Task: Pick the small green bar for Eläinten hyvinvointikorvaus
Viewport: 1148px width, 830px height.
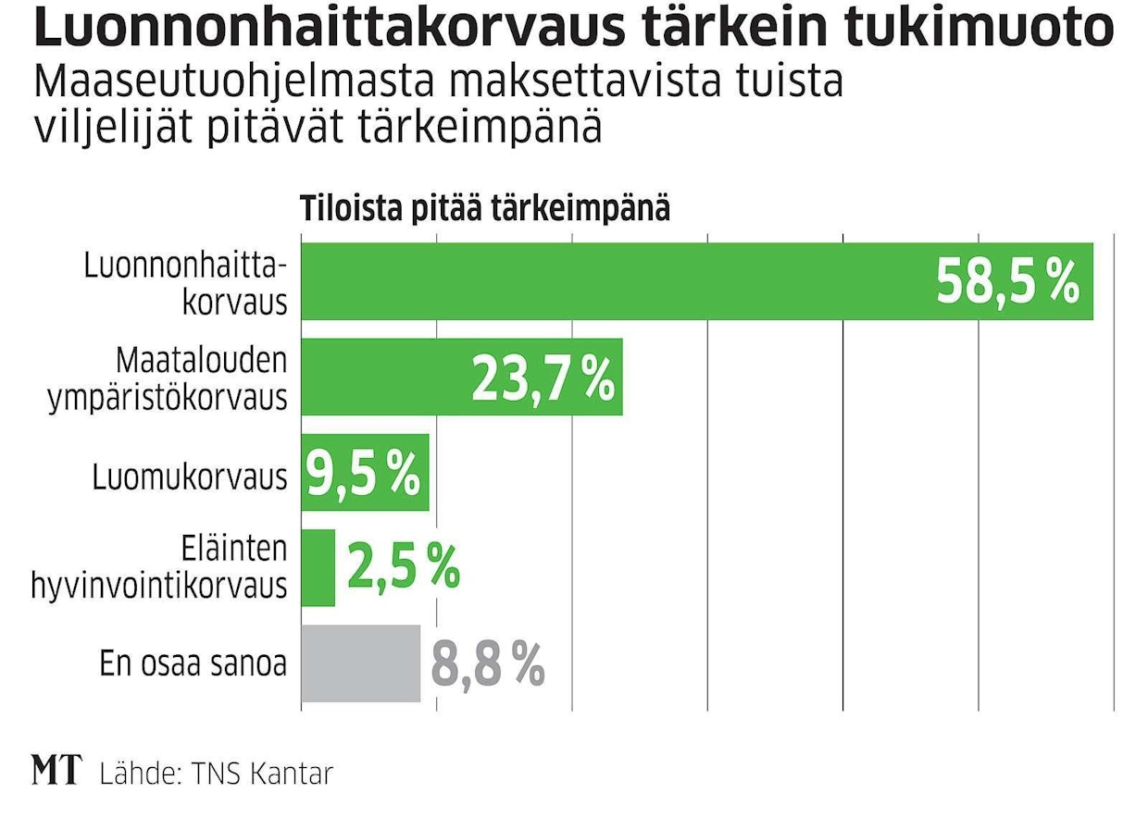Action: coord(318,567)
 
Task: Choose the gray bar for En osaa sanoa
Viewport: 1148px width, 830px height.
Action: coord(360,663)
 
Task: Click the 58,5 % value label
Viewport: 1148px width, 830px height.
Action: coord(1007,281)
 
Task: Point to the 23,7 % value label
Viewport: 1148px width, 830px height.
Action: coord(543,378)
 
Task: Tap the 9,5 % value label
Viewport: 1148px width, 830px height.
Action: coord(363,474)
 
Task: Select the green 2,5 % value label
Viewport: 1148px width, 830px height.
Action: coord(403,567)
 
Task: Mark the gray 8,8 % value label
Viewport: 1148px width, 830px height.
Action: coord(488,664)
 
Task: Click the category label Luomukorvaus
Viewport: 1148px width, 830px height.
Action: coord(189,477)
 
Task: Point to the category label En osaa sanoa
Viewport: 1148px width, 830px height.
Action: coord(193,664)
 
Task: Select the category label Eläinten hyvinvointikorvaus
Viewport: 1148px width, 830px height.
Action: coord(159,567)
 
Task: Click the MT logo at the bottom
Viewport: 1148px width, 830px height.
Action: coord(56,771)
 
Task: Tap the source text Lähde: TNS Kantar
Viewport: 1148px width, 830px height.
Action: coord(216,773)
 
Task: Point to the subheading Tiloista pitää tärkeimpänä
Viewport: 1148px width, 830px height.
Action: coord(484,209)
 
